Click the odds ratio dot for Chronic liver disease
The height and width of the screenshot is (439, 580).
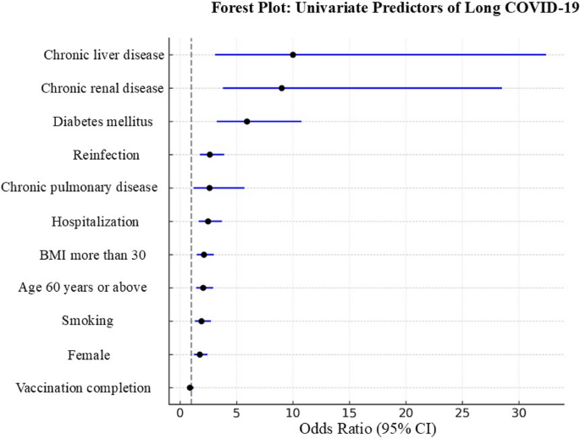click(x=293, y=54)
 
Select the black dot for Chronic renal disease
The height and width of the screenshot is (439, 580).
click(x=282, y=88)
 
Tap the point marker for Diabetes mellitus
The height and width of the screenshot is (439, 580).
click(x=247, y=121)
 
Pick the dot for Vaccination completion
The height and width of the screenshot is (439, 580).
click(x=191, y=387)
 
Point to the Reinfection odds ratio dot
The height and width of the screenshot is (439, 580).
click(x=210, y=155)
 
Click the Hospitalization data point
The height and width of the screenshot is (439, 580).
click(x=208, y=221)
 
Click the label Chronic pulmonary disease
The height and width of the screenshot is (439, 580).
click(x=80, y=187)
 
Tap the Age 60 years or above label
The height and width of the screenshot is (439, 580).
click(x=82, y=288)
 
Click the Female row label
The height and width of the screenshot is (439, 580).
click(x=88, y=354)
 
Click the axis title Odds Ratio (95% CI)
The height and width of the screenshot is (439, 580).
click(x=367, y=430)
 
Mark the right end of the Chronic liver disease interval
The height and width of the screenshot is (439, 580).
click(x=546, y=54)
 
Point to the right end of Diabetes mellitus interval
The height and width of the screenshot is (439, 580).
click(x=301, y=121)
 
